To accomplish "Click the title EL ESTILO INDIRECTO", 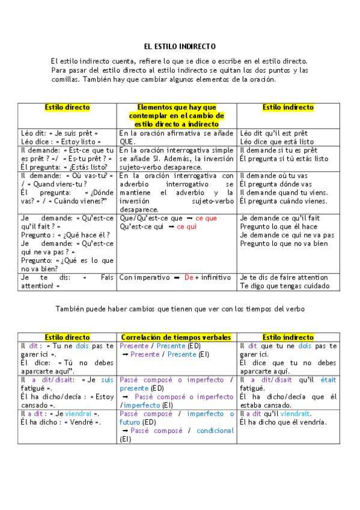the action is click(x=180, y=46).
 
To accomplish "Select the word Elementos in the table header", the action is click(x=157, y=107).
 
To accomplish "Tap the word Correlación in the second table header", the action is click(x=142, y=337).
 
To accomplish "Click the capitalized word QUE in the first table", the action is click(x=126, y=141).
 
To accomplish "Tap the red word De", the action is click(x=189, y=278).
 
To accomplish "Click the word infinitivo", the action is click(x=216, y=278).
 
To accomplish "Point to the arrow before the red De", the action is click(x=177, y=278).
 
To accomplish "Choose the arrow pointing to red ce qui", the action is click(x=171, y=227).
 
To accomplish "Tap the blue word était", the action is click(x=328, y=380).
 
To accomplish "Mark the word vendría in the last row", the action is click(x=314, y=422).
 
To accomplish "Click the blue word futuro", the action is click(x=131, y=422).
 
